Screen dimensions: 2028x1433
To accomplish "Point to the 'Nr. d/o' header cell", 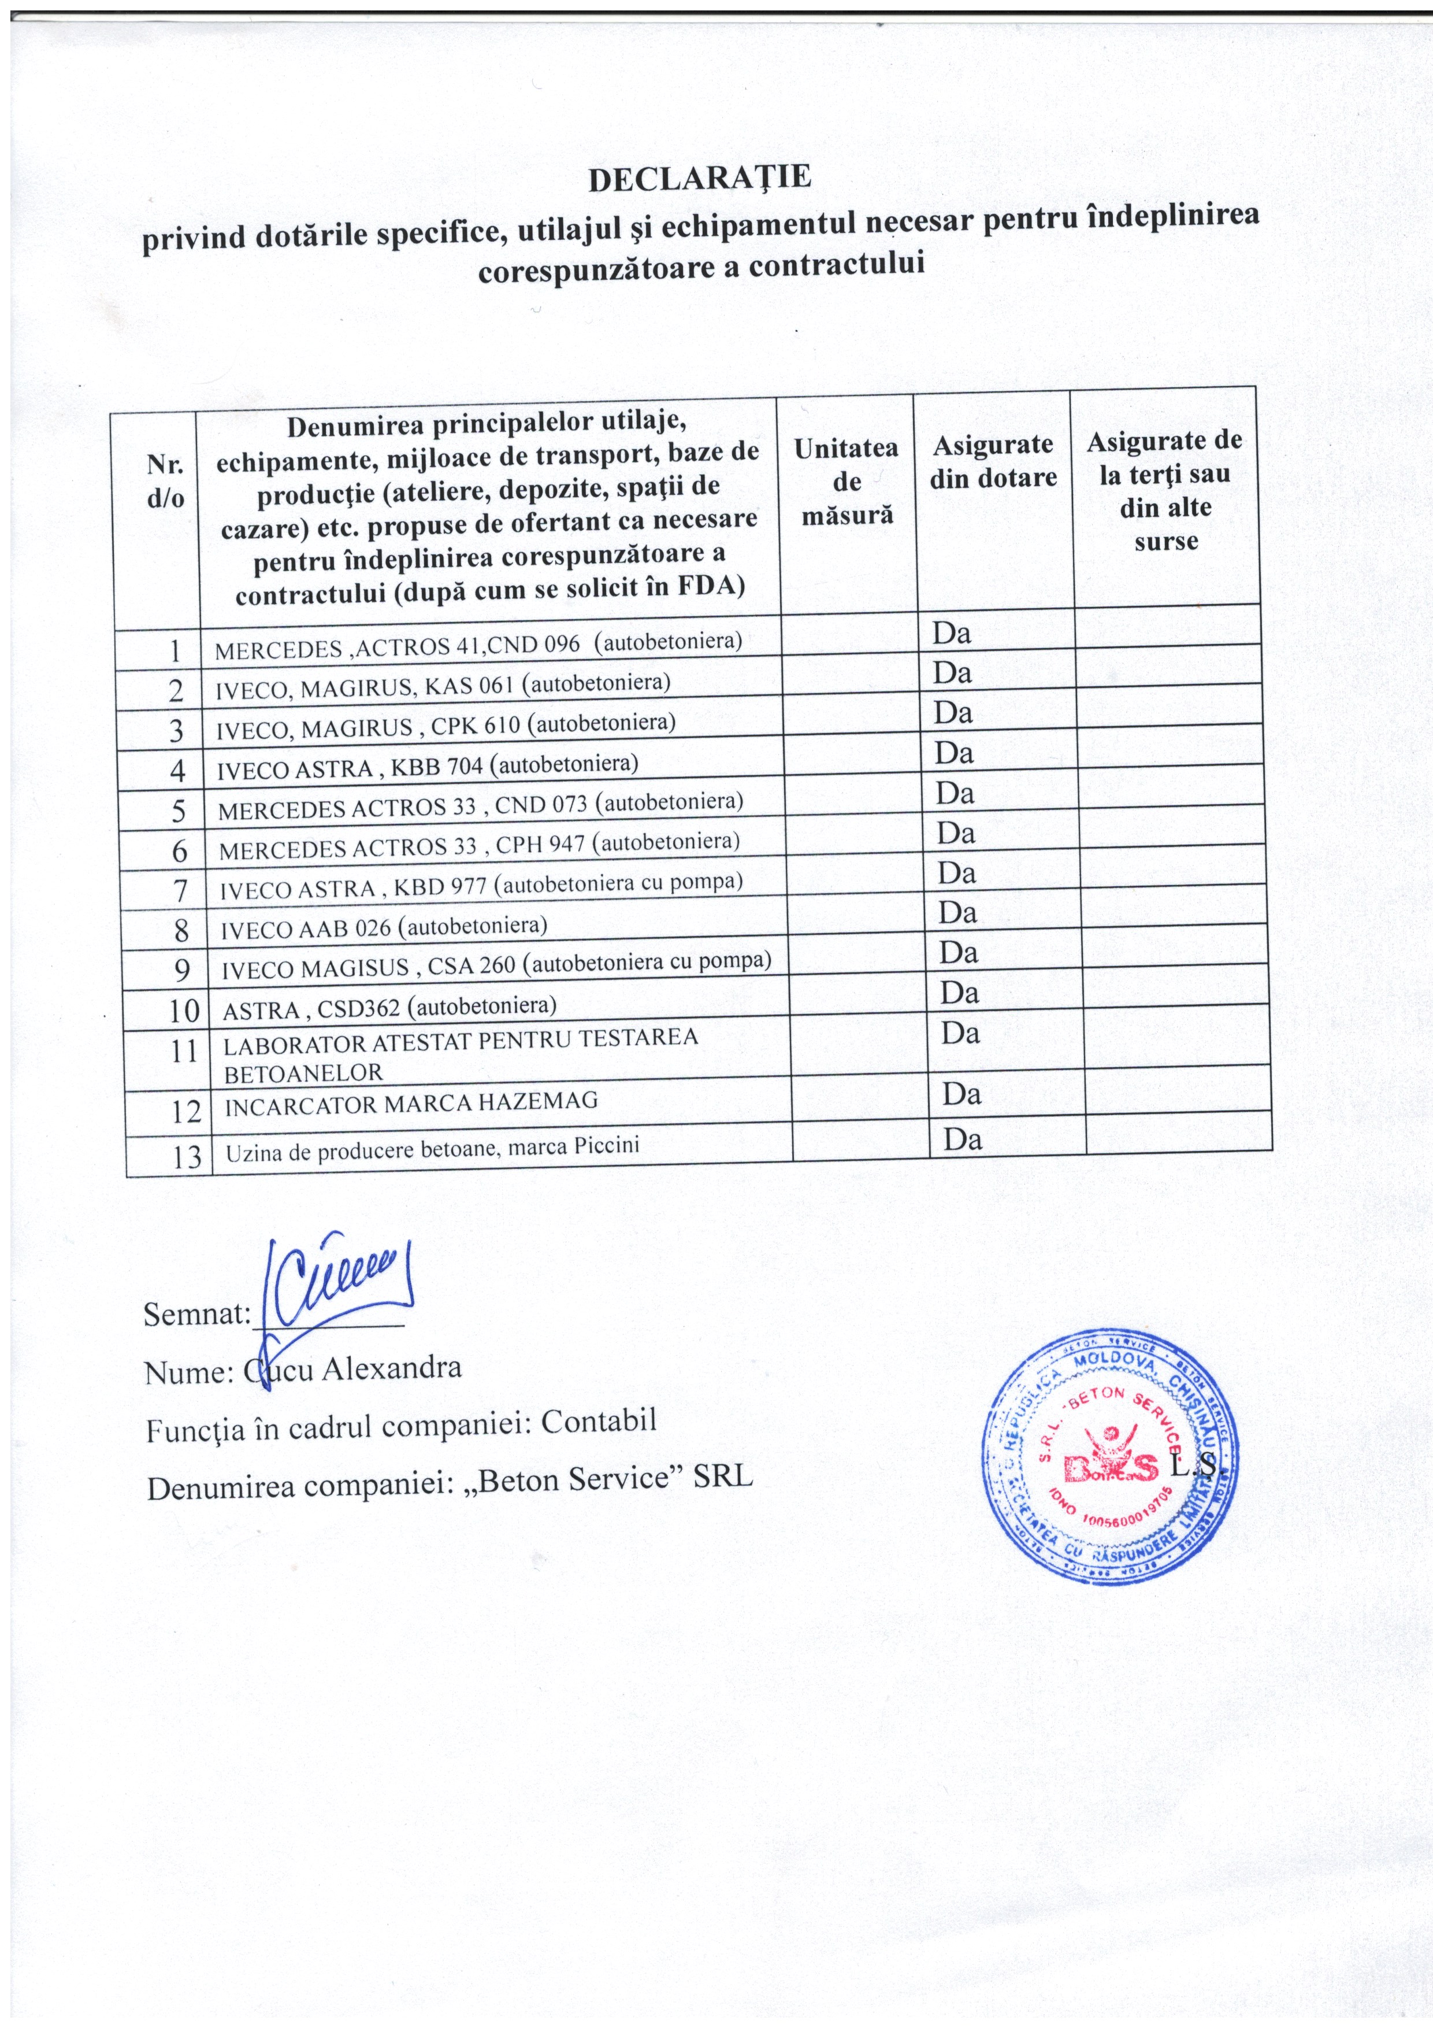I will click(x=166, y=482).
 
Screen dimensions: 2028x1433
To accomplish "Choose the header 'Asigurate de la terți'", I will click(x=1164, y=491).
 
